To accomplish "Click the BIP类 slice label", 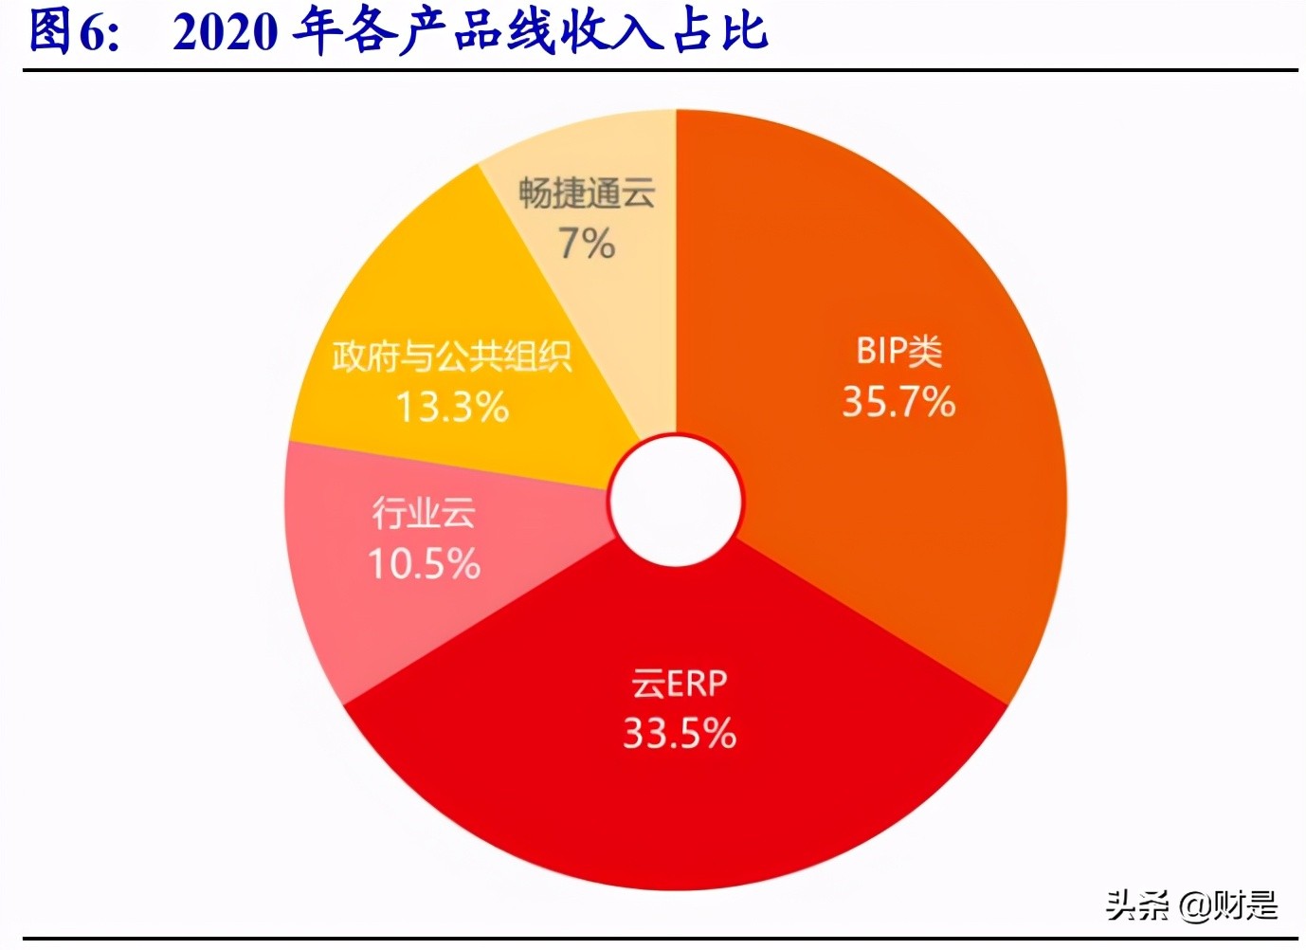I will click(898, 352).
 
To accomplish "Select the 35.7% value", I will click(898, 402).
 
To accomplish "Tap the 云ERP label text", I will click(680, 684).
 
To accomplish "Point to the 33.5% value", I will click(680, 734).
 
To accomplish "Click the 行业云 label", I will click(424, 513).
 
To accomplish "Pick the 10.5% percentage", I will click(424, 565).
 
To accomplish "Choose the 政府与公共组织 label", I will click(452, 356).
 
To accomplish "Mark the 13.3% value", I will click(452, 408).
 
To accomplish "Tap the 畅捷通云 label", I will click(587, 193).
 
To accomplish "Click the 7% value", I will click(587, 244).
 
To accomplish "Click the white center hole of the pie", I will click(676, 501).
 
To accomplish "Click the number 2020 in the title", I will click(226, 31).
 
